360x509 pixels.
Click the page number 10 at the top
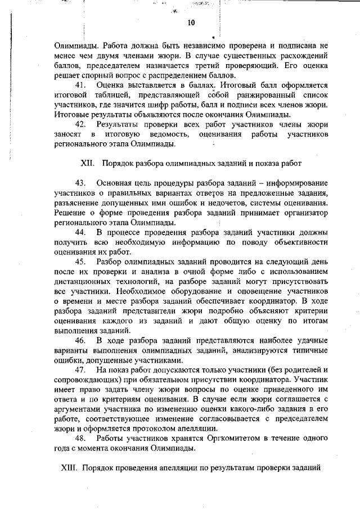[191, 23]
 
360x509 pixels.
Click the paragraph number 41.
[80, 85]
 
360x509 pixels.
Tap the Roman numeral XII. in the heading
[90, 164]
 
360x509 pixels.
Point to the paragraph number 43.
[80, 184]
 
